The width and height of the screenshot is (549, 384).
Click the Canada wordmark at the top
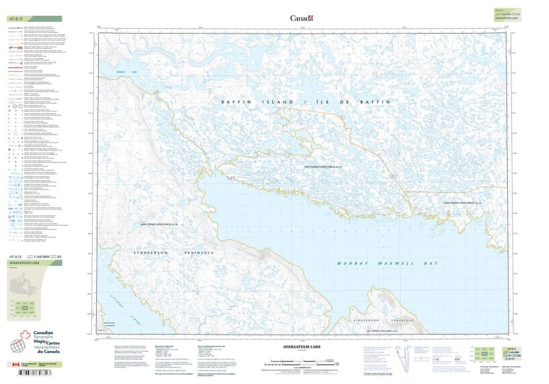pyautogui.click(x=301, y=18)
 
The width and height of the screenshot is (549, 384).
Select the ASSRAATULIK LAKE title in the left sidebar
pyautogui.click(x=25, y=263)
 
